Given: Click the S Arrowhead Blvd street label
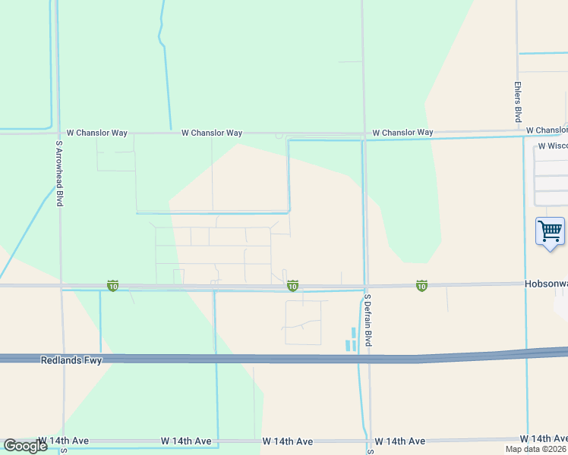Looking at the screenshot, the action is pos(58,173).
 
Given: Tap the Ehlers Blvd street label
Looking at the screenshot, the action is pos(518,102).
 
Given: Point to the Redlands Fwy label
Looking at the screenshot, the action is pos(71,361).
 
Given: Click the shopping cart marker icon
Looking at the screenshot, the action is pos(550,231).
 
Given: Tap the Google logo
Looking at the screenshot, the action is pos(25,446).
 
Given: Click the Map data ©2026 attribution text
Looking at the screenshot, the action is pos(536,449).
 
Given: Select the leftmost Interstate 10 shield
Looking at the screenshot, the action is pos(112,286).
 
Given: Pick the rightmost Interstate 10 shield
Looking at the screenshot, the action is pos(421,286).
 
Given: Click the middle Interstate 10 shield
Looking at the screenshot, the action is pos(292,286).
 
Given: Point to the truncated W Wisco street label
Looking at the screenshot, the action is pos(552,146).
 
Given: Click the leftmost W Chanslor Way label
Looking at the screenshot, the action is pos(97,133).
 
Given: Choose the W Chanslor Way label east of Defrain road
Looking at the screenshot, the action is pos(402,133).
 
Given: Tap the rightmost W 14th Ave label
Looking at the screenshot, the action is pos(544,439).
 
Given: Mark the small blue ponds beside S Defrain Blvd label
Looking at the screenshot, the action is pos(351,339).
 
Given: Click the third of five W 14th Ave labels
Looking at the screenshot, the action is pos(288,441).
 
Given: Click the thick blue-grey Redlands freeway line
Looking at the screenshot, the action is pos(228,359).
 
